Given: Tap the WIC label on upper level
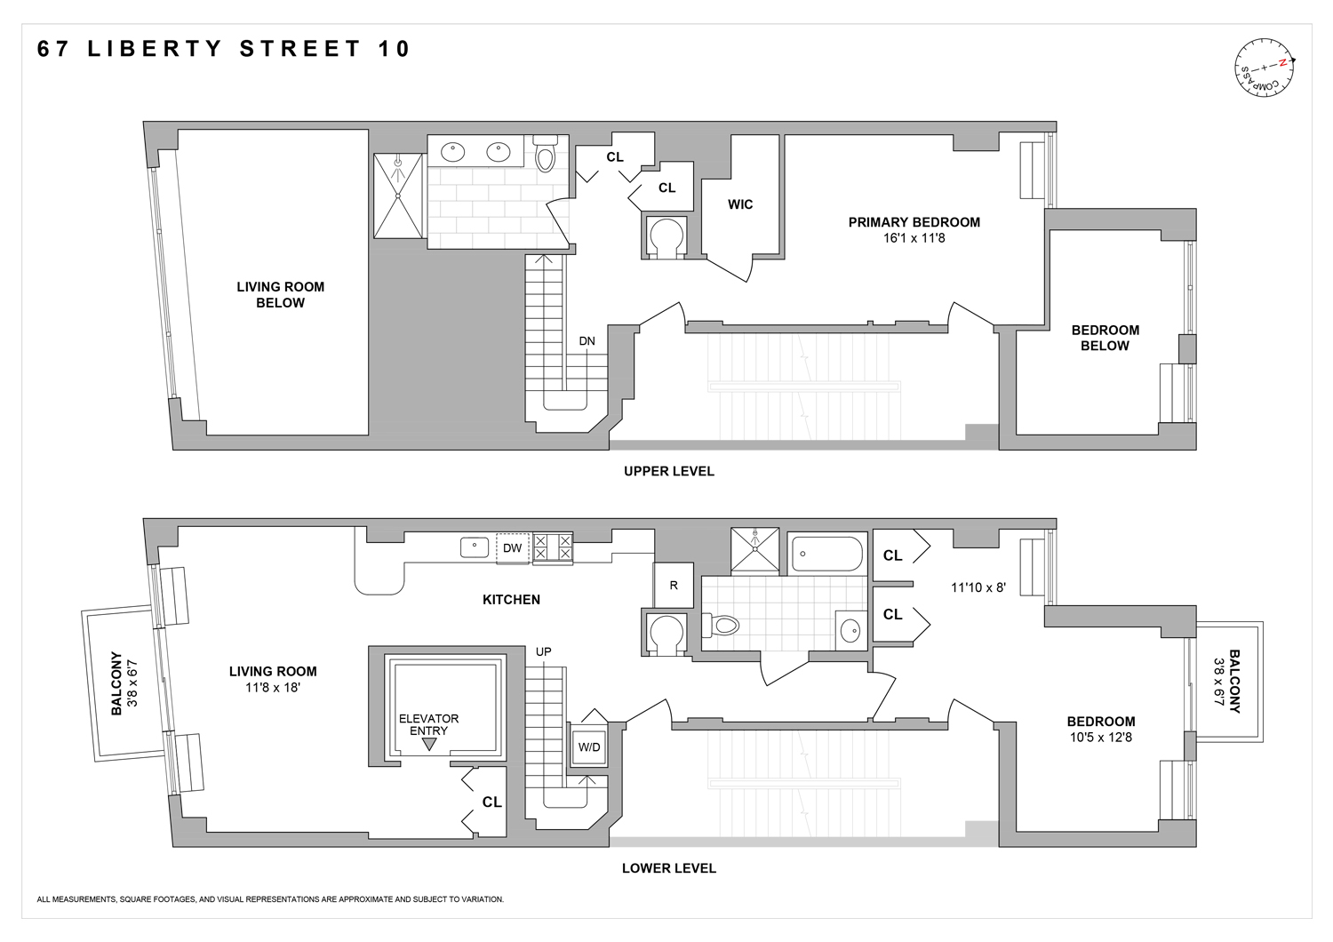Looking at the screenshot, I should (x=740, y=204).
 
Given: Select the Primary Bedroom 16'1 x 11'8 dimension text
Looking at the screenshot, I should (x=914, y=238).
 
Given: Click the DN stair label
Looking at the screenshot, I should (x=587, y=341).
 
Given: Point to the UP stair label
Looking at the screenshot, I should (x=544, y=651).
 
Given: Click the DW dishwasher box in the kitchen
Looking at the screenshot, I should (x=512, y=548).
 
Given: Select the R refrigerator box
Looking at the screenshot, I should (x=674, y=586).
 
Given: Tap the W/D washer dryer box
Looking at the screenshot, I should (x=589, y=747).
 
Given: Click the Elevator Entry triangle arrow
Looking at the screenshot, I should (x=429, y=745).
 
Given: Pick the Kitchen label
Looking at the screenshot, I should (x=511, y=600).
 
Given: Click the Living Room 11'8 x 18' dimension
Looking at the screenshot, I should (x=273, y=687).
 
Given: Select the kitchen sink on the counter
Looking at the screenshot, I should (x=474, y=547).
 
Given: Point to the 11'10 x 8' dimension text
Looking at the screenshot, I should (x=978, y=587).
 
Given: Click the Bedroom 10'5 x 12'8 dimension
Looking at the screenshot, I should (x=1101, y=737).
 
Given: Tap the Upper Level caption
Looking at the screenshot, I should (x=668, y=471).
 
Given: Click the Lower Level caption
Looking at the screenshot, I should (x=668, y=868).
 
